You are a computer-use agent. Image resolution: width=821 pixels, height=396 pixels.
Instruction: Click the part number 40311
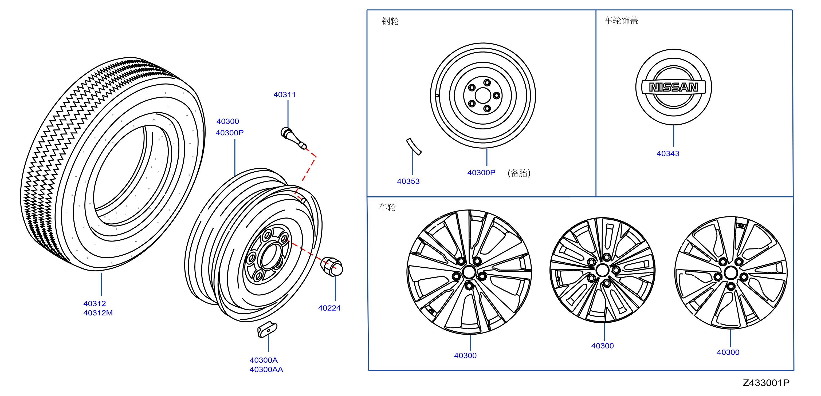pyautogui.click(x=284, y=95)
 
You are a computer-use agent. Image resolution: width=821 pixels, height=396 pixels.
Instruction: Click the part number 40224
pyautogui.click(x=329, y=308)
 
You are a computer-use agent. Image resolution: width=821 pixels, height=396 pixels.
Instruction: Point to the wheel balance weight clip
pyautogui.click(x=267, y=329)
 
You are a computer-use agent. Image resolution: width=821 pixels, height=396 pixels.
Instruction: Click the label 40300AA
pyautogui.click(x=266, y=370)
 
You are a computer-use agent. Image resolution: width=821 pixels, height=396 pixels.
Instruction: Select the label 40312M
pyautogui.click(x=98, y=313)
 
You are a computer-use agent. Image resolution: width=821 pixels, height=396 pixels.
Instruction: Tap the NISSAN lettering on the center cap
pyautogui.click(x=673, y=87)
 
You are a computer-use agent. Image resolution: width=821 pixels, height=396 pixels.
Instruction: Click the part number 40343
pyautogui.click(x=668, y=153)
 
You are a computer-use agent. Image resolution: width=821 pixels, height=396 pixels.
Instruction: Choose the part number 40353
pyautogui.click(x=408, y=181)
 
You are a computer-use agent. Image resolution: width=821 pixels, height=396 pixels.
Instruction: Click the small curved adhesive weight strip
pyautogui.click(x=414, y=146)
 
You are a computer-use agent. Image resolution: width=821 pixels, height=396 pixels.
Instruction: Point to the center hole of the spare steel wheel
pyautogui.click(x=483, y=96)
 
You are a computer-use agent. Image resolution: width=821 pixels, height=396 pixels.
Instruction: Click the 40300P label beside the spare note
pyautogui.click(x=481, y=173)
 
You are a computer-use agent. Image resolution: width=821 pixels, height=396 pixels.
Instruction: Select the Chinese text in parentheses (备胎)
pyautogui.click(x=519, y=173)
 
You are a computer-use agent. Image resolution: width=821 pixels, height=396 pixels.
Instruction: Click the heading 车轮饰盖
pyautogui.click(x=621, y=21)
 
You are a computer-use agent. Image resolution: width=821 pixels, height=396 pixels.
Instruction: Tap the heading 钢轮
pyautogui.click(x=390, y=21)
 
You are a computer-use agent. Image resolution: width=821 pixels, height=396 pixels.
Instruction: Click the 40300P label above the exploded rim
pyautogui.click(x=229, y=133)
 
